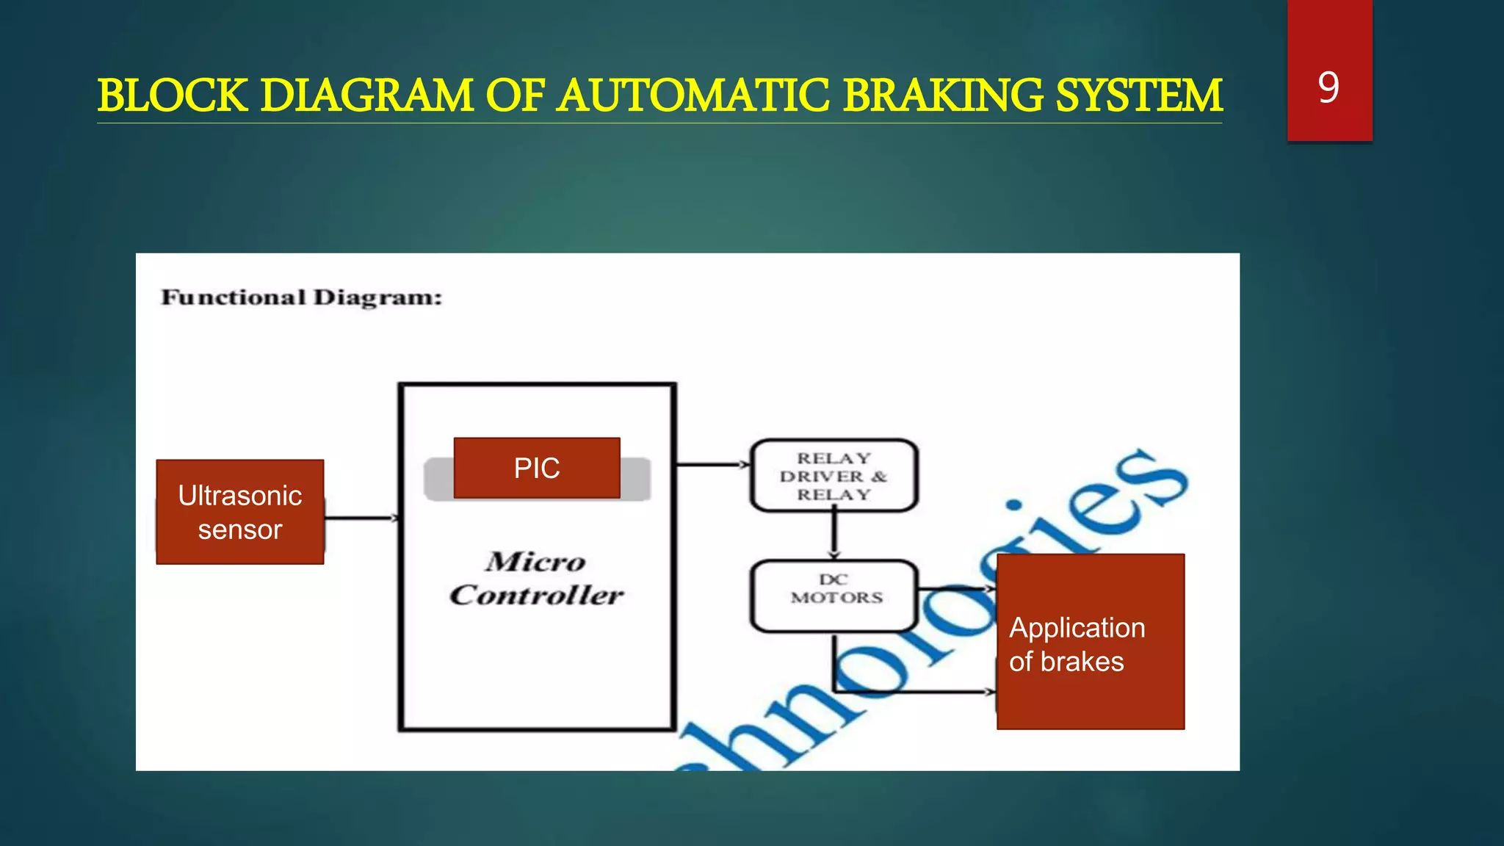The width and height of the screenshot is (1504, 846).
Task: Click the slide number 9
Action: (1328, 87)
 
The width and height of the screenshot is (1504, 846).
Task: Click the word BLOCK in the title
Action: (173, 96)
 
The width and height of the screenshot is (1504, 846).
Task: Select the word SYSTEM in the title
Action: (1138, 96)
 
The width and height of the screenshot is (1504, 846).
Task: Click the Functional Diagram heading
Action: (301, 297)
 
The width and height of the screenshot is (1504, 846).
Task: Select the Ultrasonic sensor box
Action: (240, 512)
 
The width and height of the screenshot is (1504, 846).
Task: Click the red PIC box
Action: (537, 468)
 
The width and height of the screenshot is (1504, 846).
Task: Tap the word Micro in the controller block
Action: (535, 562)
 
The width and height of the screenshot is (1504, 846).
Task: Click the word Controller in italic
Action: (537, 595)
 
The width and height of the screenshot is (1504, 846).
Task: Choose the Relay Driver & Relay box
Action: (834, 476)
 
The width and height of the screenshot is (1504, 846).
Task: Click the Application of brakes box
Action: (1090, 641)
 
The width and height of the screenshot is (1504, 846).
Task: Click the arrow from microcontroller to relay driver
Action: (712, 464)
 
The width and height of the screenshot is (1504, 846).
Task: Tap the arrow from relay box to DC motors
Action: (834, 535)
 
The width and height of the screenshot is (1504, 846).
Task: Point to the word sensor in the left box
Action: (240, 529)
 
